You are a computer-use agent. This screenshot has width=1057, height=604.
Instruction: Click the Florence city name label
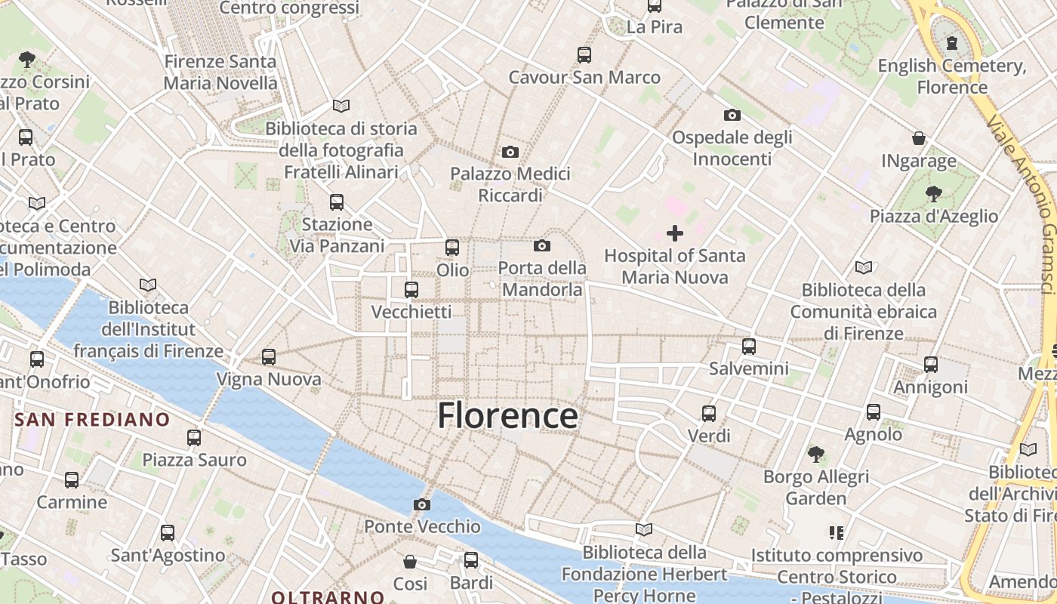tap(507, 416)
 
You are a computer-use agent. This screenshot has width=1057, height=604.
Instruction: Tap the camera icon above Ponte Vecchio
tap(422, 504)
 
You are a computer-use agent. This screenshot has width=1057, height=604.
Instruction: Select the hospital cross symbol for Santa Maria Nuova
tap(675, 233)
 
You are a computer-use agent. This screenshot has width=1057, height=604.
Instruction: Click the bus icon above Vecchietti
tap(411, 289)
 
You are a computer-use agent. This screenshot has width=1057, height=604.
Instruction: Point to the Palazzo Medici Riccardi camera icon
tap(510, 153)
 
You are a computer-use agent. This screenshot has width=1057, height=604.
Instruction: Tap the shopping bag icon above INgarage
tap(919, 139)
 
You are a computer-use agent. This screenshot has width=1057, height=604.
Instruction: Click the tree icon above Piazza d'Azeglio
tap(934, 194)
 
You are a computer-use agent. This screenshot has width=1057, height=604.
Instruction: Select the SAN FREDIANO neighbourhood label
tap(93, 420)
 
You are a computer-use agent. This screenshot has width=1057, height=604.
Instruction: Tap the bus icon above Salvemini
tap(749, 347)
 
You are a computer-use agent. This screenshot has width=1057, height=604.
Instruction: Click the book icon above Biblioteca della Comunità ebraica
tap(864, 267)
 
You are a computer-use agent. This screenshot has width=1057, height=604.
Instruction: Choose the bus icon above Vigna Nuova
tap(269, 357)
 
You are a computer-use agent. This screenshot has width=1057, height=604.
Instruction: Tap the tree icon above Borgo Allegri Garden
tap(815, 455)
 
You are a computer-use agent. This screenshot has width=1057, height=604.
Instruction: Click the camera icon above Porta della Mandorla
tap(541, 245)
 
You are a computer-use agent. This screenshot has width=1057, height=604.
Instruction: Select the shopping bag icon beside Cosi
tap(410, 562)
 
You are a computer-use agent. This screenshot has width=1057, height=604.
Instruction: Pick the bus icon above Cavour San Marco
tap(584, 54)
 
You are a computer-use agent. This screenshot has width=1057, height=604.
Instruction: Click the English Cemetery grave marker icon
tap(952, 43)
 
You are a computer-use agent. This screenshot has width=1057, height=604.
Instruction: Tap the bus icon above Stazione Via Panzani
tap(337, 202)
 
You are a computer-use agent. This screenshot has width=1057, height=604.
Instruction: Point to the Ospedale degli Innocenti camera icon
tap(732, 116)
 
